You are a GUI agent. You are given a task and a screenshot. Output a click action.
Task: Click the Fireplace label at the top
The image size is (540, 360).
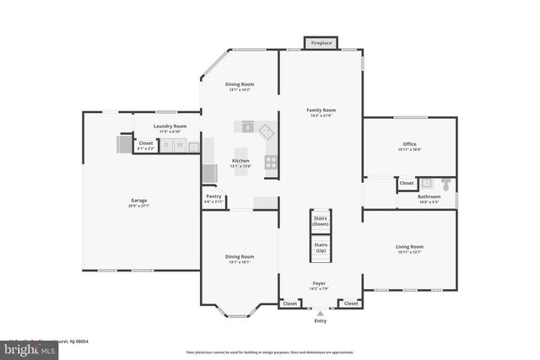coord(321,42)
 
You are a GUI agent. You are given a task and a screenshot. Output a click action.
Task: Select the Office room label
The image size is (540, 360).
coord(409,144)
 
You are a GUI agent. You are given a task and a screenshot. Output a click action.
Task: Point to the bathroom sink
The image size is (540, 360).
coord(426,182)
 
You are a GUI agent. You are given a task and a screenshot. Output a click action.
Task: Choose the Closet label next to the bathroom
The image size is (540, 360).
coord(407,183)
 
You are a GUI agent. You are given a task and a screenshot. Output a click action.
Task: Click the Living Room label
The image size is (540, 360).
coord(409,247)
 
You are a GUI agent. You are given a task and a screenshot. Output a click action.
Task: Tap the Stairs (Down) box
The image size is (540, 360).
coord(321,221)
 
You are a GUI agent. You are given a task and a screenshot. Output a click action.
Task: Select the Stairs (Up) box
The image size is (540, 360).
coord(321,248)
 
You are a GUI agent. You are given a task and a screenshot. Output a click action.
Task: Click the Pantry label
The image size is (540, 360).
coord(214,196)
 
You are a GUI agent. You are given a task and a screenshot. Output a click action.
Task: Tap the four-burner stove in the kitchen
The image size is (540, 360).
coord(271,161)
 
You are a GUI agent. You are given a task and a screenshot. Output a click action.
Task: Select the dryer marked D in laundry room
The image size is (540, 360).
coord(166,146)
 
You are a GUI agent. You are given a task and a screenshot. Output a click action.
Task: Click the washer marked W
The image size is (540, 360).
coord(180,146)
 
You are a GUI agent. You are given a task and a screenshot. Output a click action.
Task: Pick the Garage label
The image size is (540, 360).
coord(138,201)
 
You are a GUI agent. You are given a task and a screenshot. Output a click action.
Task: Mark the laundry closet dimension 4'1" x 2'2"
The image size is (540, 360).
coord(146,148)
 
